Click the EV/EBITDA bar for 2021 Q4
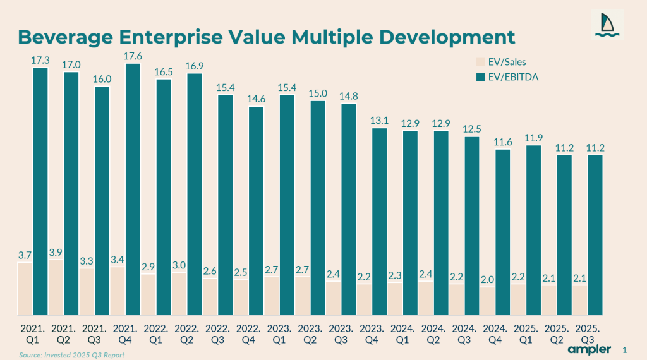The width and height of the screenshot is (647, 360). pyautogui.click(x=133, y=189)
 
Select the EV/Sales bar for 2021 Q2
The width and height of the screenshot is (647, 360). pyautogui.click(x=56, y=287)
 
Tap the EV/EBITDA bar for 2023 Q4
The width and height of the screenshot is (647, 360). pyautogui.click(x=379, y=221)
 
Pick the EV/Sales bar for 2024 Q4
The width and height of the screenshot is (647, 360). pyautogui.click(x=487, y=301)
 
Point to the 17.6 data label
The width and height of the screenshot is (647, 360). pyautogui.click(x=133, y=56)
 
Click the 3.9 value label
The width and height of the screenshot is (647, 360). pyautogui.click(x=56, y=253)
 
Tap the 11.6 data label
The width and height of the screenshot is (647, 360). pyautogui.click(x=502, y=143)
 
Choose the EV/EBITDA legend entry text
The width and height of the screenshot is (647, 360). pyautogui.click(x=510, y=76)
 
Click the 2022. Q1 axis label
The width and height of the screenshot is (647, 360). pyautogui.click(x=156, y=334)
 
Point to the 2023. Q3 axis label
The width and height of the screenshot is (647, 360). pyautogui.click(x=341, y=334)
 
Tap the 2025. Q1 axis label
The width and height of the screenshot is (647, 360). pyautogui.click(x=526, y=334)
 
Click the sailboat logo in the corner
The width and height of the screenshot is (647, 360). pyautogui.click(x=607, y=25)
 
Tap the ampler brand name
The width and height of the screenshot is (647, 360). pyautogui.click(x=589, y=349)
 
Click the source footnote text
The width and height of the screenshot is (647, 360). pyautogui.click(x=71, y=355)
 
